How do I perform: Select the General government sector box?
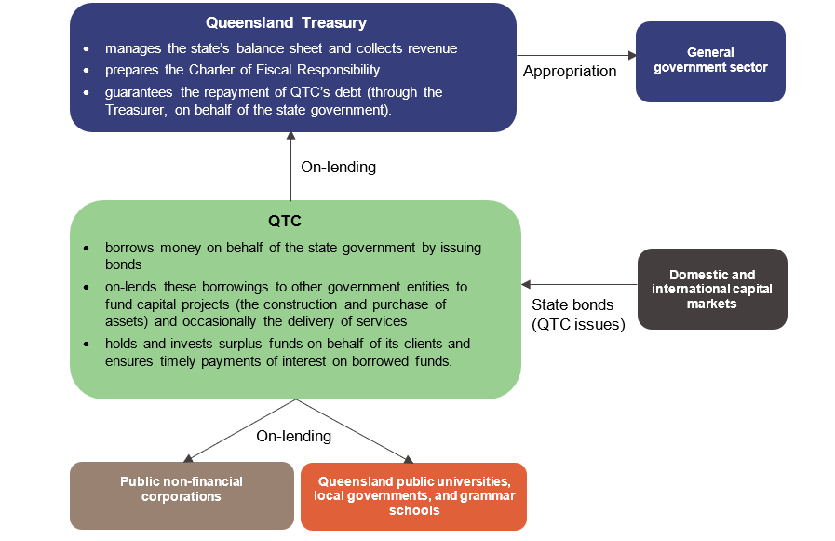click(710, 61)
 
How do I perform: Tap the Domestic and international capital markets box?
click(712, 289)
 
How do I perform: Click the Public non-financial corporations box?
click(181, 489)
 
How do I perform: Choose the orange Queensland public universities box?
click(413, 495)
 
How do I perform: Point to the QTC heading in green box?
click(294, 223)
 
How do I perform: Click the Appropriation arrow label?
click(569, 72)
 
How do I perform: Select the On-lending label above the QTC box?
click(338, 168)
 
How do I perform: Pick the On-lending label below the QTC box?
click(293, 436)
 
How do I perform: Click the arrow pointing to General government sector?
click(576, 55)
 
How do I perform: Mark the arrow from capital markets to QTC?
click(579, 284)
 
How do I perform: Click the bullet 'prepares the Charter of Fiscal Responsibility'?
click(242, 70)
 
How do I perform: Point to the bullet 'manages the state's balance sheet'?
click(280, 48)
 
